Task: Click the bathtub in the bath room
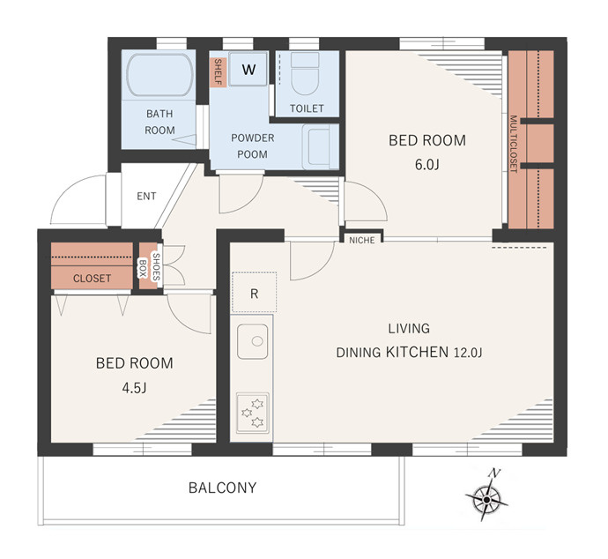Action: [160, 75]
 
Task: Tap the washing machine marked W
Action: [248, 69]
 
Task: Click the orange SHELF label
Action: [218, 72]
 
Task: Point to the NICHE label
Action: [362, 240]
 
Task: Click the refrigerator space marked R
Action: [254, 293]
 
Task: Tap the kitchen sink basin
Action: [253, 341]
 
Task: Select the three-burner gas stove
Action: [252, 413]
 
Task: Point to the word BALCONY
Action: [223, 488]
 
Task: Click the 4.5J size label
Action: [134, 388]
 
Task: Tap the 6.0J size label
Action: [426, 165]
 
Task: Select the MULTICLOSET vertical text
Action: [514, 144]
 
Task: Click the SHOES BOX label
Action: [149, 266]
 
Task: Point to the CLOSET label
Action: [92, 278]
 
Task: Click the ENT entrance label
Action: [146, 196]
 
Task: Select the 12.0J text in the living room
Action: [468, 353]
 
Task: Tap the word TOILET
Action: [307, 108]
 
